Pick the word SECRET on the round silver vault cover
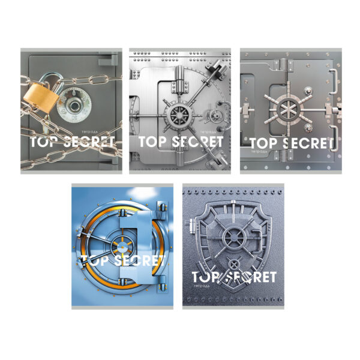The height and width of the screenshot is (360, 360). coord(200,142)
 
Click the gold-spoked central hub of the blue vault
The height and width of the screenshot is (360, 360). coord(119,247)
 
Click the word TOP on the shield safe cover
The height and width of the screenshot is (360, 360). coord(206,277)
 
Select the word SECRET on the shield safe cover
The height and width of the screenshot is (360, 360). coord(252,277)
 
